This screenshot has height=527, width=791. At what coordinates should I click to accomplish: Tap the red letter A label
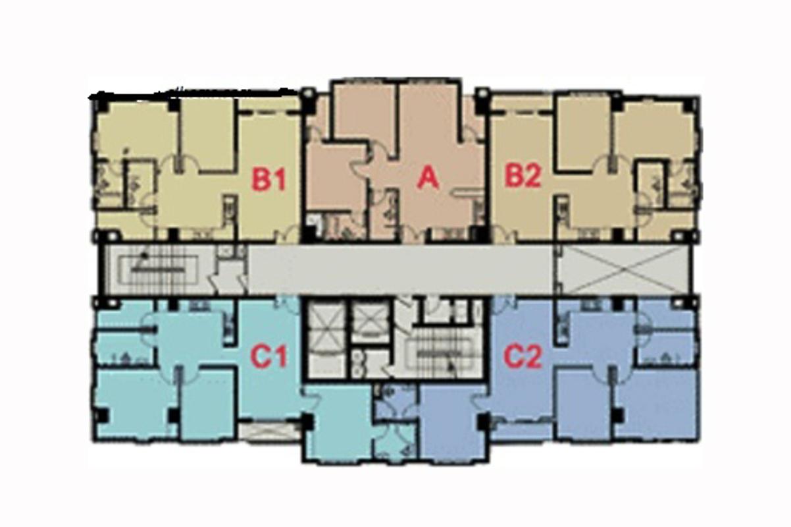point(428,178)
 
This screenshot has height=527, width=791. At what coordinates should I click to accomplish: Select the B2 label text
point(523,176)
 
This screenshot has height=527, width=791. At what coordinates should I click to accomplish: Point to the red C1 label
point(268,356)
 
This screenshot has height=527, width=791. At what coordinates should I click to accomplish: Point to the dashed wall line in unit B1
point(269,113)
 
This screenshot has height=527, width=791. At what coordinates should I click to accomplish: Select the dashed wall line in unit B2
point(522,113)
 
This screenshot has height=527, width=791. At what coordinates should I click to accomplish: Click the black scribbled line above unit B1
point(194,93)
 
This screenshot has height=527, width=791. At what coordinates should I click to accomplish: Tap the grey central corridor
point(401,269)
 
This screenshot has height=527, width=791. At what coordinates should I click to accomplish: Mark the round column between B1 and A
point(308,94)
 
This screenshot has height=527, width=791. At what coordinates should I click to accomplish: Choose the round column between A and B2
point(481,94)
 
